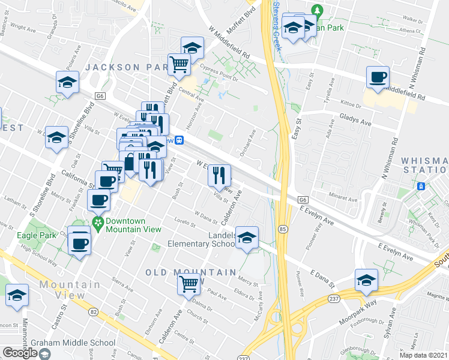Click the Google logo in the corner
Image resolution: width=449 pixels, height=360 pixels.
(20, 353)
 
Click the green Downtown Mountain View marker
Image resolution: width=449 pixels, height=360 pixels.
(98, 223)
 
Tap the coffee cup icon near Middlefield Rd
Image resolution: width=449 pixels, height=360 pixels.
(378, 77)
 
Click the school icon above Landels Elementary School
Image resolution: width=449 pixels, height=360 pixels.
(247, 237)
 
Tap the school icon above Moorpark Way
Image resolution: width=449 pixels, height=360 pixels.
(366, 280)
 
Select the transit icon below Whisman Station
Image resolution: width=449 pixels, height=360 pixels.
(422, 186)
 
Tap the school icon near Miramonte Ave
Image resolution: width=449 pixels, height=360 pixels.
(17, 295)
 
